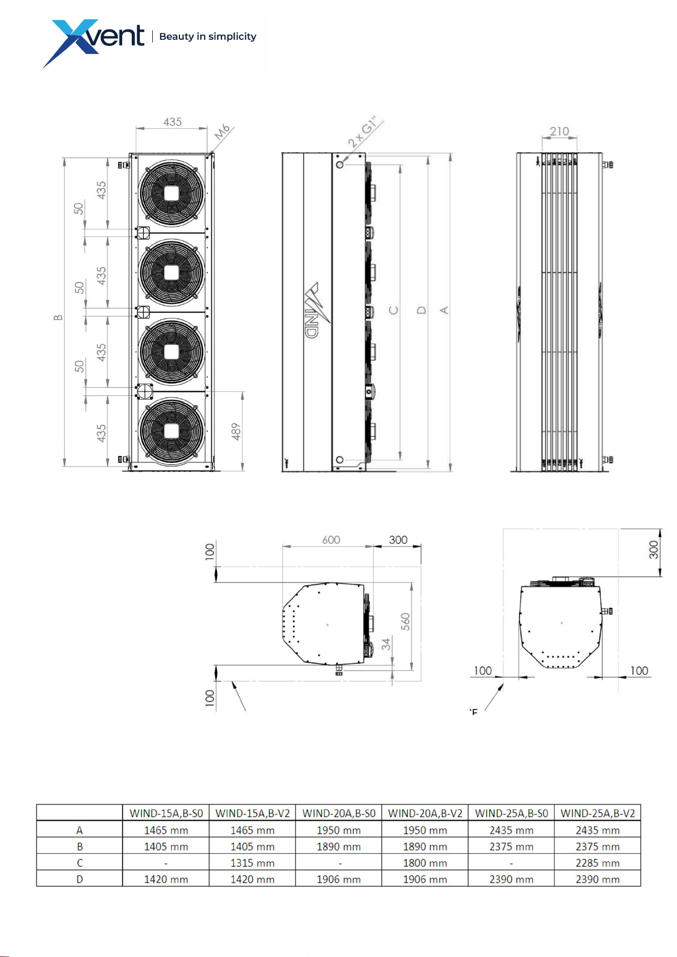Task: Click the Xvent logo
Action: pos(94,43)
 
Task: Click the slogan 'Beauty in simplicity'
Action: pos(207,36)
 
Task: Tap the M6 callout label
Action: pos(222,132)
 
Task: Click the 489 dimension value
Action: pos(236,432)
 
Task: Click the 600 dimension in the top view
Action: pos(331,540)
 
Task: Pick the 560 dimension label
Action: pos(405,621)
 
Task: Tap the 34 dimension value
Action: pos(386,644)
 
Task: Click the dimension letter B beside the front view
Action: pos(58,317)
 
